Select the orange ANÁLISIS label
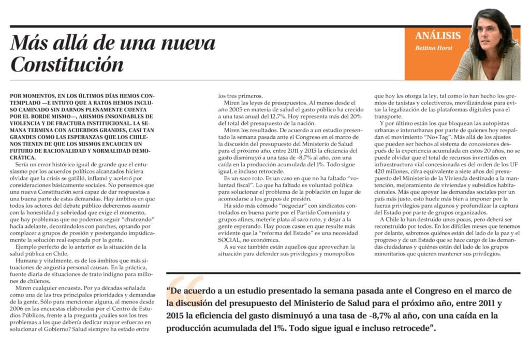coord(437,36)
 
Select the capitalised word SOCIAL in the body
coord(229,240)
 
